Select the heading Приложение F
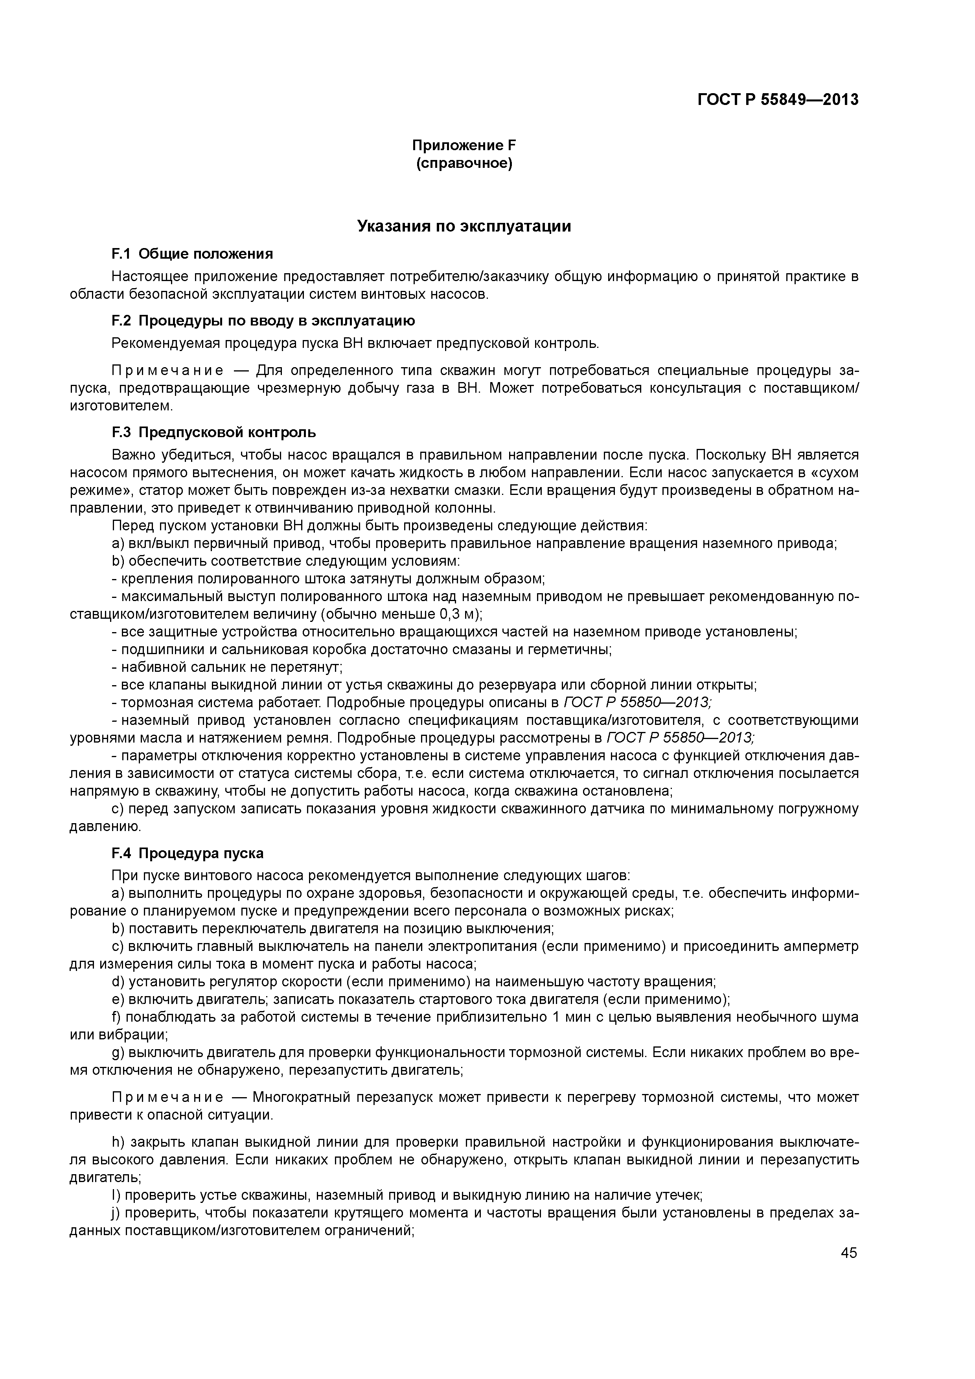[464, 145]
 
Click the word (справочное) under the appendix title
[464, 164]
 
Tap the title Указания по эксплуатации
[464, 226]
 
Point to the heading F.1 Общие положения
[192, 254]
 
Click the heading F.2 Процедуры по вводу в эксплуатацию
[263, 321]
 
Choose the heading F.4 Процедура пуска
[188, 853]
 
